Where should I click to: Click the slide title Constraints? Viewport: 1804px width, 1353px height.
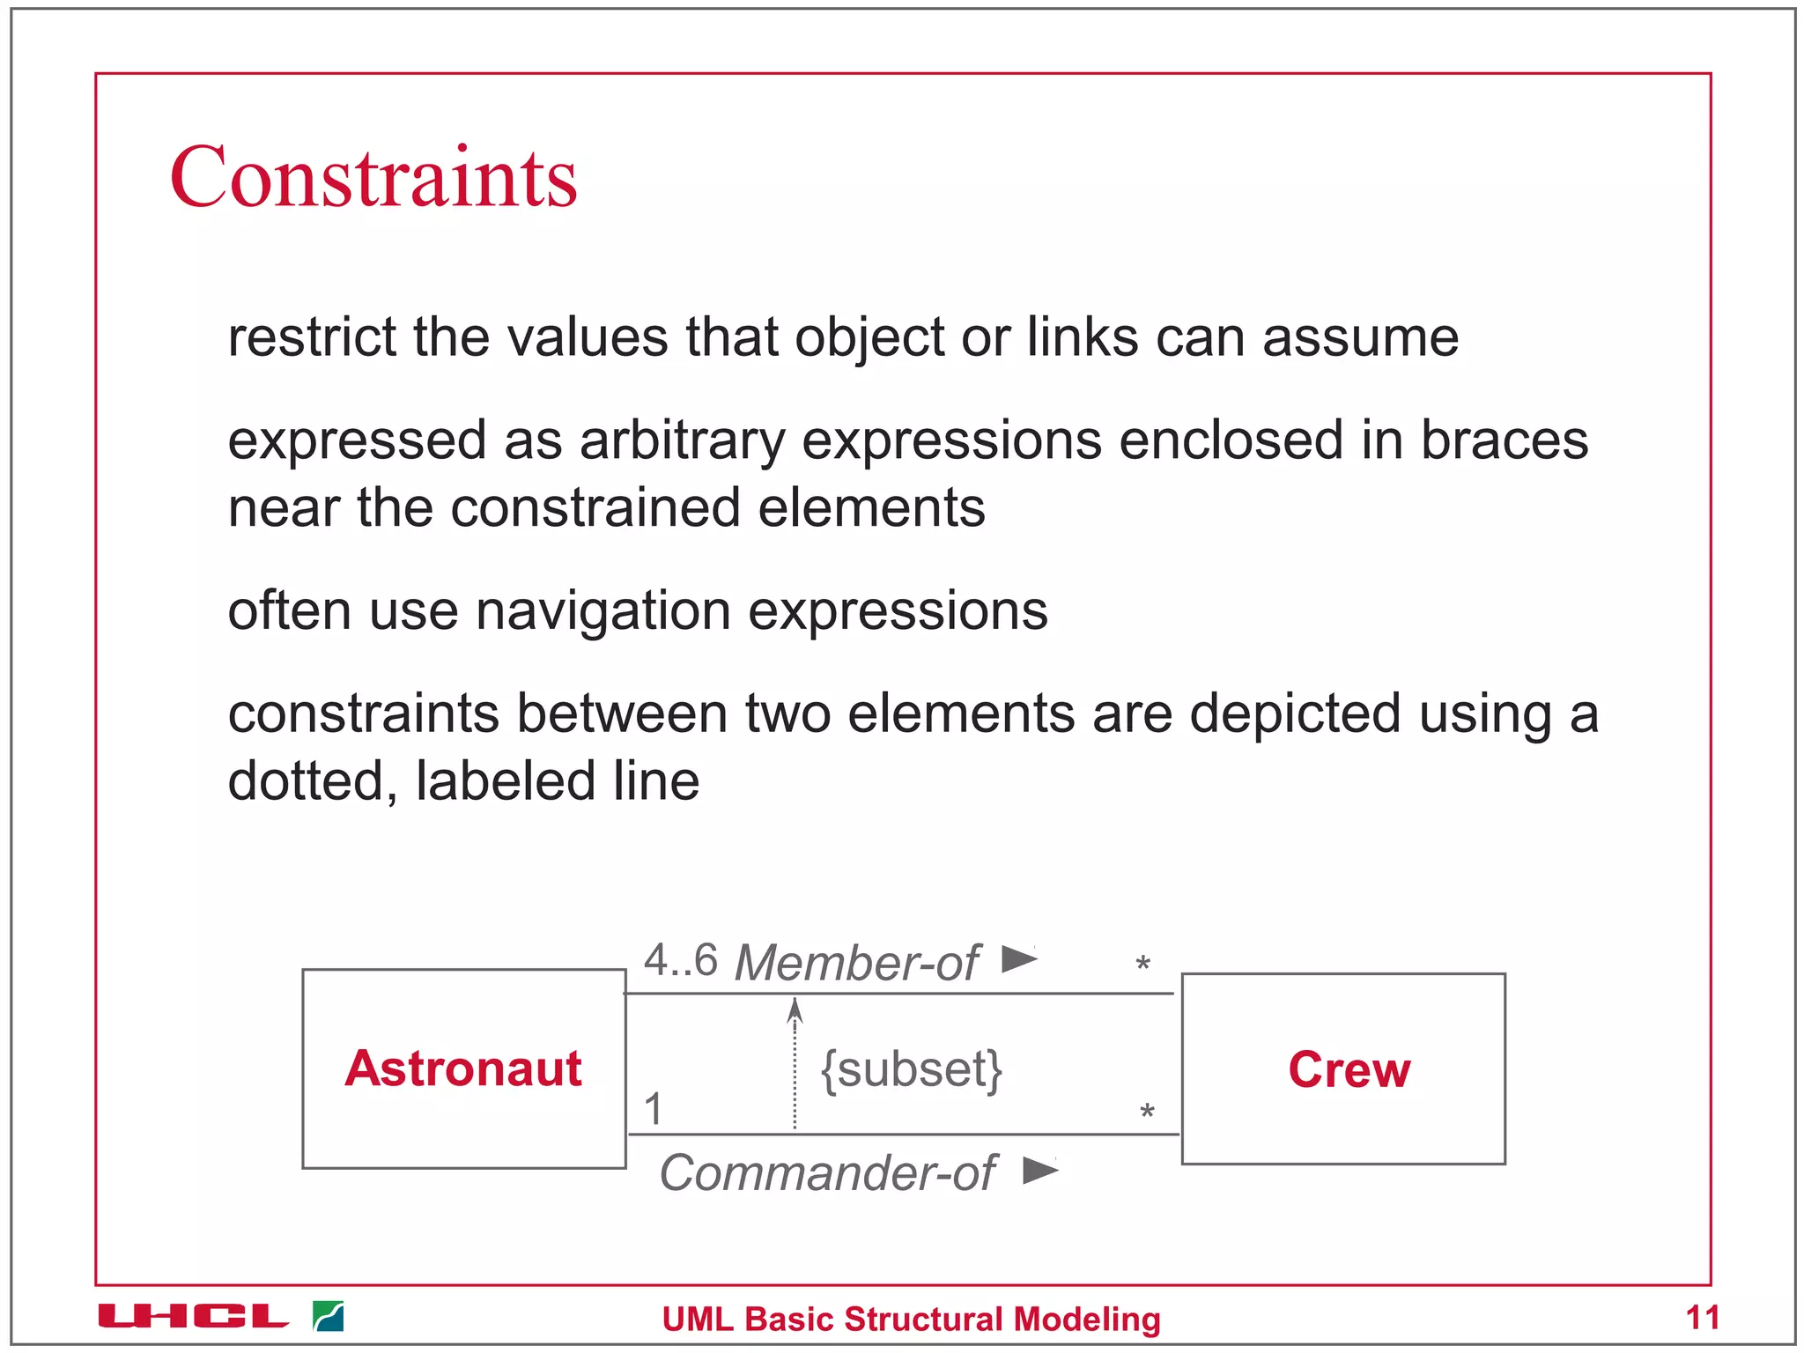click(x=373, y=178)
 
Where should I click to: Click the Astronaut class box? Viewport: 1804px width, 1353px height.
click(x=463, y=1068)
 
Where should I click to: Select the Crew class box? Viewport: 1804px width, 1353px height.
click(x=1343, y=1068)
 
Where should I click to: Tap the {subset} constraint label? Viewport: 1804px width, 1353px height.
click(x=912, y=1069)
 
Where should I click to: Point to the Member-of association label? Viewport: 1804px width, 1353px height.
click(x=856, y=962)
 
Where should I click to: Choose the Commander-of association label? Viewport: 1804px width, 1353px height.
click(x=827, y=1173)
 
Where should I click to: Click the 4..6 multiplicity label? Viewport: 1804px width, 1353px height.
click(x=680, y=960)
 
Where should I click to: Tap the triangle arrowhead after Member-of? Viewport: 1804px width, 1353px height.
click(x=1019, y=958)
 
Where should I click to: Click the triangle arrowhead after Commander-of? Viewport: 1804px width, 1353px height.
click(x=1040, y=1171)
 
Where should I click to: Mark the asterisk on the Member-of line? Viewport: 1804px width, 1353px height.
click(x=1142, y=964)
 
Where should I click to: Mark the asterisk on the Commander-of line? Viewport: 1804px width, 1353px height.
click(x=1147, y=1112)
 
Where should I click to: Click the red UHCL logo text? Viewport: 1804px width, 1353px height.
click(x=193, y=1316)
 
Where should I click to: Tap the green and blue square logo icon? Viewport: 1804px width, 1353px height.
click(x=329, y=1316)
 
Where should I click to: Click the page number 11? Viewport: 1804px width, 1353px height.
click(x=1702, y=1318)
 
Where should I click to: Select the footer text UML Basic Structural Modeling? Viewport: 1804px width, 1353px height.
click(x=911, y=1320)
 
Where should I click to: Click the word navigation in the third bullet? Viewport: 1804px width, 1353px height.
click(x=603, y=611)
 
